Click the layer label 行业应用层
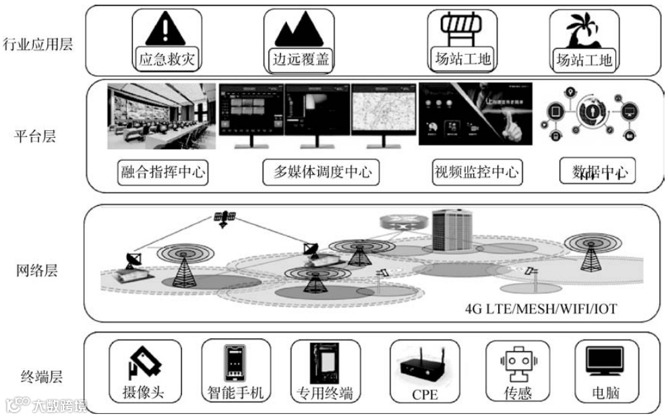click(x=38, y=45)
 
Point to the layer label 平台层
click(x=34, y=136)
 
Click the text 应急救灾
click(x=165, y=59)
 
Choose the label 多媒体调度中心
click(x=322, y=172)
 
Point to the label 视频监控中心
click(x=477, y=172)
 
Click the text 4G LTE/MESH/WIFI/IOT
click(x=541, y=310)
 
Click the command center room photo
click(x=162, y=116)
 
